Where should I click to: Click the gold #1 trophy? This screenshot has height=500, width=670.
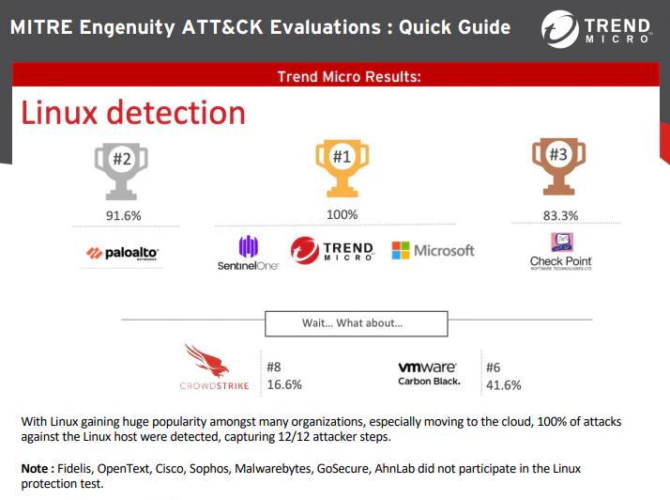[x=342, y=168]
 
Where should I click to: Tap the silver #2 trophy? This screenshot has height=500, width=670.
[x=121, y=171]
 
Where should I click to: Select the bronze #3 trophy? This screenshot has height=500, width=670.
[x=558, y=167]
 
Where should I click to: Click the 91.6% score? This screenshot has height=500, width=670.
[x=124, y=215]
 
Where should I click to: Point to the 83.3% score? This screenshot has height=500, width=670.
[x=560, y=215]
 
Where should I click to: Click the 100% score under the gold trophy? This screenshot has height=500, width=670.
[x=342, y=214]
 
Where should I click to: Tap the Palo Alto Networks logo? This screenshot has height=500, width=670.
[x=122, y=253]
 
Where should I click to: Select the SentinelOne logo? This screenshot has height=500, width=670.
[x=248, y=253]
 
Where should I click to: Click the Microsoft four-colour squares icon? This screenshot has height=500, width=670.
[x=401, y=250]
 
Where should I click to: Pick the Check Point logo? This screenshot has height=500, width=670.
[x=560, y=252]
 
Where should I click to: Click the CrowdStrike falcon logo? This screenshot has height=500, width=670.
[x=214, y=367]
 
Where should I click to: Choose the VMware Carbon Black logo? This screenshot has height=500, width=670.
[x=429, y=374]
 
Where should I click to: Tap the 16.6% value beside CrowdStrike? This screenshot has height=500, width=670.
[x=284, y=384]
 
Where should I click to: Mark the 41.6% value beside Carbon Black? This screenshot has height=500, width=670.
[x=503, y=385]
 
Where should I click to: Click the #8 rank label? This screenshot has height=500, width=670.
[x=274, y=367]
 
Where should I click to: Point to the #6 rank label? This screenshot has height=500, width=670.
[x=493, y=367]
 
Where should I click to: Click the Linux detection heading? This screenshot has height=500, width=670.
[x=133, y=113]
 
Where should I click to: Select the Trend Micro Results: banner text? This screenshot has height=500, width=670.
[x=349, y=77]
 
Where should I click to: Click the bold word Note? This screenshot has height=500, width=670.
[x=35, y=468]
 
